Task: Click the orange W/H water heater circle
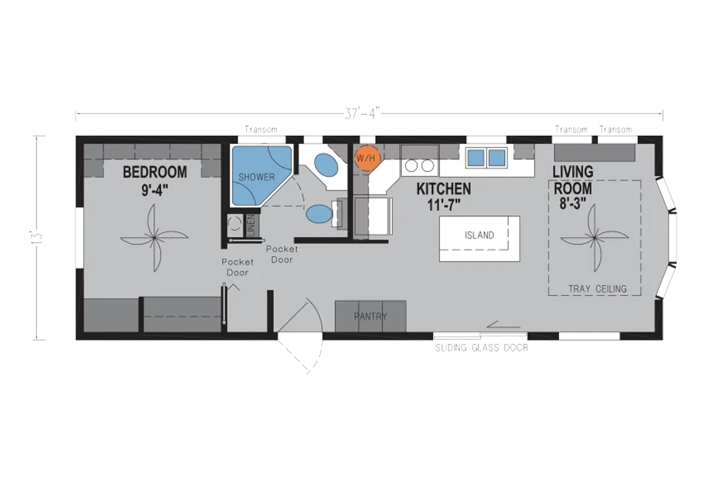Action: (x=367, y=158)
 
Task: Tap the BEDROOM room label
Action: (x=155, y=172)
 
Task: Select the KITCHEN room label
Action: (x=444, y=189)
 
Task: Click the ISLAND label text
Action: (x=479, y=235)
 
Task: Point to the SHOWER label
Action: (x=257, y=178)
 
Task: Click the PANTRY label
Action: (x=370, y=316)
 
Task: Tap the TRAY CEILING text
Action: (x=598, y=289)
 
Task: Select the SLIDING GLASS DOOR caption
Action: (x=482, y=348)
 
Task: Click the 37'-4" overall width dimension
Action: (x=362, y=113)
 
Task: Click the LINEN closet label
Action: (x=251, y=225)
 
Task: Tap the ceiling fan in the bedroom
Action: (x=154, y=238)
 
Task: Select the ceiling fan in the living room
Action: (x=594, y=238)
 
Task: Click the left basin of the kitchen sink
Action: (x=476, y=158)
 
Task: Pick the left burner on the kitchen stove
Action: (x=411, y=165)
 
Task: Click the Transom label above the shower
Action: (x=261, y=129)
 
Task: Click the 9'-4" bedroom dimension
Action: (x=155, y=191)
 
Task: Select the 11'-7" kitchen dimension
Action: (x=444, y=205)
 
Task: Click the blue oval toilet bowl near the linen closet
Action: (x=319, y=214)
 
